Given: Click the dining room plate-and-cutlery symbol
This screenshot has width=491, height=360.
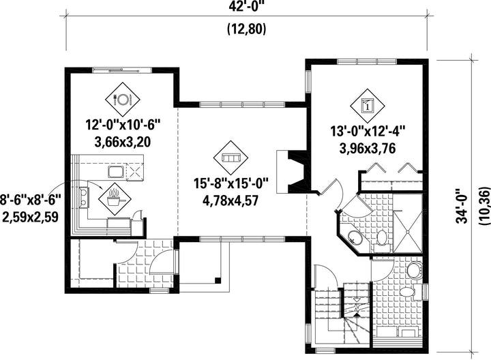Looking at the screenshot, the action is point(122,100).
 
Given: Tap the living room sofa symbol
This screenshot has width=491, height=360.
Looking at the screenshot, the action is point(230,157).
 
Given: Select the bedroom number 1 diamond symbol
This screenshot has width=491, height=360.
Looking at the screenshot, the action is point(368,106).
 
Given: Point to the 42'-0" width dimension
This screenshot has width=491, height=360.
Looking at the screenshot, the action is point(247,5).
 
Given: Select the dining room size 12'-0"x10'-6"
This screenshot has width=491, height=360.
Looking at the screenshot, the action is point(123,125).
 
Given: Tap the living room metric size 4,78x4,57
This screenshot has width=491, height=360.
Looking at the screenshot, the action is point(230,200).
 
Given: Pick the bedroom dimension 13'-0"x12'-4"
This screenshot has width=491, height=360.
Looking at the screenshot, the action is point(368,132).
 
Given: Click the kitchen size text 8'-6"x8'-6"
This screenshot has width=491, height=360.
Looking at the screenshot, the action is point(30,199).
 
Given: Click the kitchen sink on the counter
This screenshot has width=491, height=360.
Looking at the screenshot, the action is point(117,172).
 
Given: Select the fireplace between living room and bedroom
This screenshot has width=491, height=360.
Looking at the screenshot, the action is point(293,171).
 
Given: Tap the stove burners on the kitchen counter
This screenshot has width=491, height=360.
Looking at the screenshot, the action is point(85,196).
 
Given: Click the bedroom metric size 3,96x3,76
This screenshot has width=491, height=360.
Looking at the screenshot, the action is point(368,149).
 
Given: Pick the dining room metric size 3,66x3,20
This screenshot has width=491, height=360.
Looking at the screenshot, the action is point(123,142).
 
